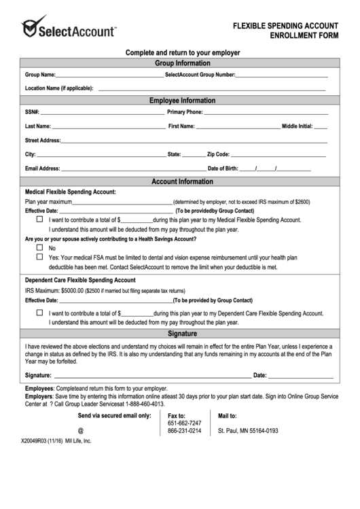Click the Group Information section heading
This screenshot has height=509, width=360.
coord(179,63)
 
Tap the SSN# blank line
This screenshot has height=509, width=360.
coord(102,113)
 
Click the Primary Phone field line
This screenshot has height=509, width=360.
coord(265,113)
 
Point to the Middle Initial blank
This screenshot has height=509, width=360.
coord(321,128)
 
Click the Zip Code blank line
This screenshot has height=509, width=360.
coord(278,156)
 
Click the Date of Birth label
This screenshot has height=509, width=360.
coord(223,169)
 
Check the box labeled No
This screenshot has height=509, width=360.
coord(39,248)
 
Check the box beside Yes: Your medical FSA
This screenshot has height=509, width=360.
coord(39,258)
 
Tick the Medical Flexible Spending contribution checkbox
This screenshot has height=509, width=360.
coord(39,220)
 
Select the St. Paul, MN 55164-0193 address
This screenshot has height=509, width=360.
coord(248,431)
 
